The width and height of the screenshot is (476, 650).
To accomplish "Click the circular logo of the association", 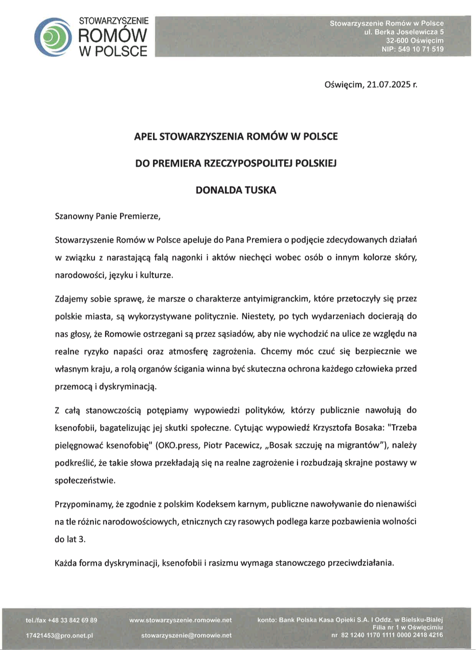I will tap(53, 37).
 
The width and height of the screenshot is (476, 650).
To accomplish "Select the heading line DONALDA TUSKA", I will tap(236, 190).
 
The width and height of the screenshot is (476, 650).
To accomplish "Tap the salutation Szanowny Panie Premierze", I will tap(107, 216).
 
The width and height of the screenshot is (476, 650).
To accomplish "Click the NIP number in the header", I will tap(413, 49).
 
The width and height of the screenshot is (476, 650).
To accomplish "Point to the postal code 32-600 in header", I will tap(398, 40).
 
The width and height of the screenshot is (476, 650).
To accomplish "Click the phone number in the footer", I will tap(61, 620).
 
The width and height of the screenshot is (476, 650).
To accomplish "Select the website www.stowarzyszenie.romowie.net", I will tap(180, 620).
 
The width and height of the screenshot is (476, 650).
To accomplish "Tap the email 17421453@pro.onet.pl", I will tap(59, 635).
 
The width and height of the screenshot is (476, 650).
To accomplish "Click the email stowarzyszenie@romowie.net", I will tap(186, 635).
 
